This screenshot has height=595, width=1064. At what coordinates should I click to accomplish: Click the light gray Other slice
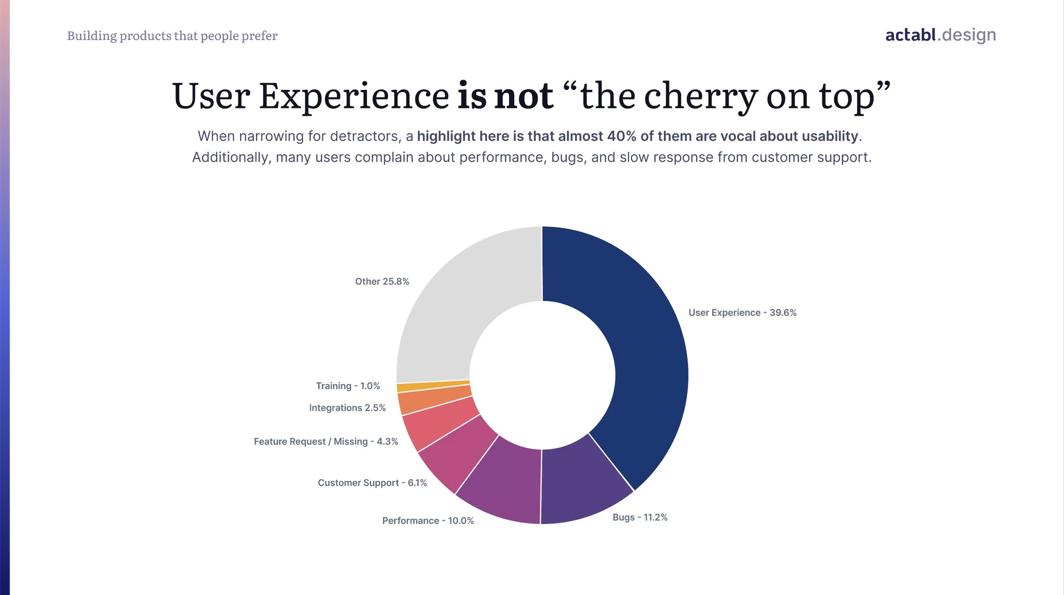[x=460, y=298]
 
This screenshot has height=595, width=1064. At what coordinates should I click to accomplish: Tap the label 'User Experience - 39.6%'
[x=742, y=313]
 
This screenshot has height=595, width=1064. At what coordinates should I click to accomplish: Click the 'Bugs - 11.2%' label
[x=640, y=518]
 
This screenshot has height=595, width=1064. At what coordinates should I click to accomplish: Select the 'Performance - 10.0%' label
[x=428, y=521]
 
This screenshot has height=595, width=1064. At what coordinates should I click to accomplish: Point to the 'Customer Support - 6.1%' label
[x=372, y=483]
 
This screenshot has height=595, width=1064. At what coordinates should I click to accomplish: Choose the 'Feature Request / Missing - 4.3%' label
[x=326, y=442]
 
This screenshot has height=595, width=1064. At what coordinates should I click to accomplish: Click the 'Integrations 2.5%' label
[x=347, y=408]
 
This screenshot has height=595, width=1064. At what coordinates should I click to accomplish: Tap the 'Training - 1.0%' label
[x=348, y=386]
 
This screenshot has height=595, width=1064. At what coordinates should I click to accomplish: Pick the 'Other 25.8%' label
[x=382, y=282]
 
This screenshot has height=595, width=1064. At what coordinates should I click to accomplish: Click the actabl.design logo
[x=940, y=35]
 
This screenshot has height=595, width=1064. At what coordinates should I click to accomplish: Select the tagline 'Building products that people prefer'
[x=172, y=36]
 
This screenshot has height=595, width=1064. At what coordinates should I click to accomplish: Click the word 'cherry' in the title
[x=700, y=97]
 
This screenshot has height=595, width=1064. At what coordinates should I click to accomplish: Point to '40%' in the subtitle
[x=621, y=136]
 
